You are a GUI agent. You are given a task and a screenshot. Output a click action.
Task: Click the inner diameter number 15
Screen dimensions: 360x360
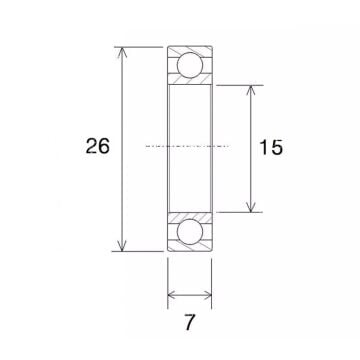tap(270, 147)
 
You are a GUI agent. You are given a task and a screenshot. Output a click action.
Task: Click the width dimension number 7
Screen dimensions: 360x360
tap(190, 324)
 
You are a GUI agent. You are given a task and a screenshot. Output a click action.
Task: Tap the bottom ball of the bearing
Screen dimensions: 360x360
tap(189, 231)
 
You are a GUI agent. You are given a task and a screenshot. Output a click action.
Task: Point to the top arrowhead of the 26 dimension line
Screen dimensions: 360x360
tap(123, 50)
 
